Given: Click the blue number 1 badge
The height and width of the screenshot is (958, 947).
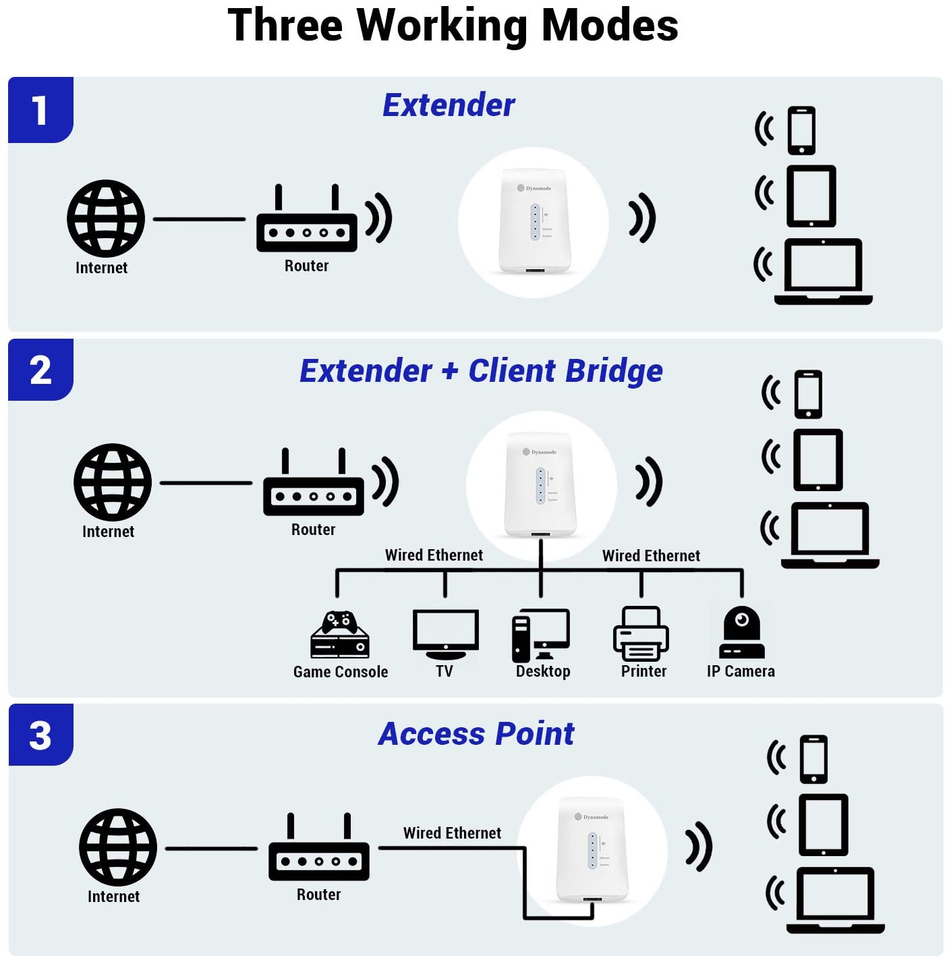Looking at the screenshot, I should [x=40, y=110].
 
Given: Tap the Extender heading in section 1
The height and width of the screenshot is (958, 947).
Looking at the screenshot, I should [x=449, y=105].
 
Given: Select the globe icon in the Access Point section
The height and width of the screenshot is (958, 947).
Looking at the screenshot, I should [x=118, y=847].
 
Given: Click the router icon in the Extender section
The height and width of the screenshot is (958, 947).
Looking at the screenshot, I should [x=307, y=223].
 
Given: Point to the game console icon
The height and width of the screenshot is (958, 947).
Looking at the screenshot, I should [x=340, y=635].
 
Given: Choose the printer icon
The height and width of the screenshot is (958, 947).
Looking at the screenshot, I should [x=641, y=633].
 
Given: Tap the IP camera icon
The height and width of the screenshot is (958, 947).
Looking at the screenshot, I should [x=741, y=632].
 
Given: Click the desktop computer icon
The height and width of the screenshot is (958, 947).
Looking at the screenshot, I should [x=541, y=635].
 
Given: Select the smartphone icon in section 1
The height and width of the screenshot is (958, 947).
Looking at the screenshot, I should [x=801, y=130].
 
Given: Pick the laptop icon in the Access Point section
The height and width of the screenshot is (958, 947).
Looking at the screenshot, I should [x=835, y=899].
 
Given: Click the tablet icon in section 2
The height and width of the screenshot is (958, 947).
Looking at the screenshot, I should [x=817, y=459].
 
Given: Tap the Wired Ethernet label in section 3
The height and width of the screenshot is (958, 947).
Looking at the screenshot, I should [x=452, y=833].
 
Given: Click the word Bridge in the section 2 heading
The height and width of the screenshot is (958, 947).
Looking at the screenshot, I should [x=614, y=371].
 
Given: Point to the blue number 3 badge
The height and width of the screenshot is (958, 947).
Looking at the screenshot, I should [x=40, y=735].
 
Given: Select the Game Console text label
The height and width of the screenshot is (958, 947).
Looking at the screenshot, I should [x=341, y=672].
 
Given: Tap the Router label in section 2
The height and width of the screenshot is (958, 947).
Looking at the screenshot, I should [x=313, y=530].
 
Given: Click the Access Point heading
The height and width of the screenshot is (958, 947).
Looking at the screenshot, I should [x=476, y=734].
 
